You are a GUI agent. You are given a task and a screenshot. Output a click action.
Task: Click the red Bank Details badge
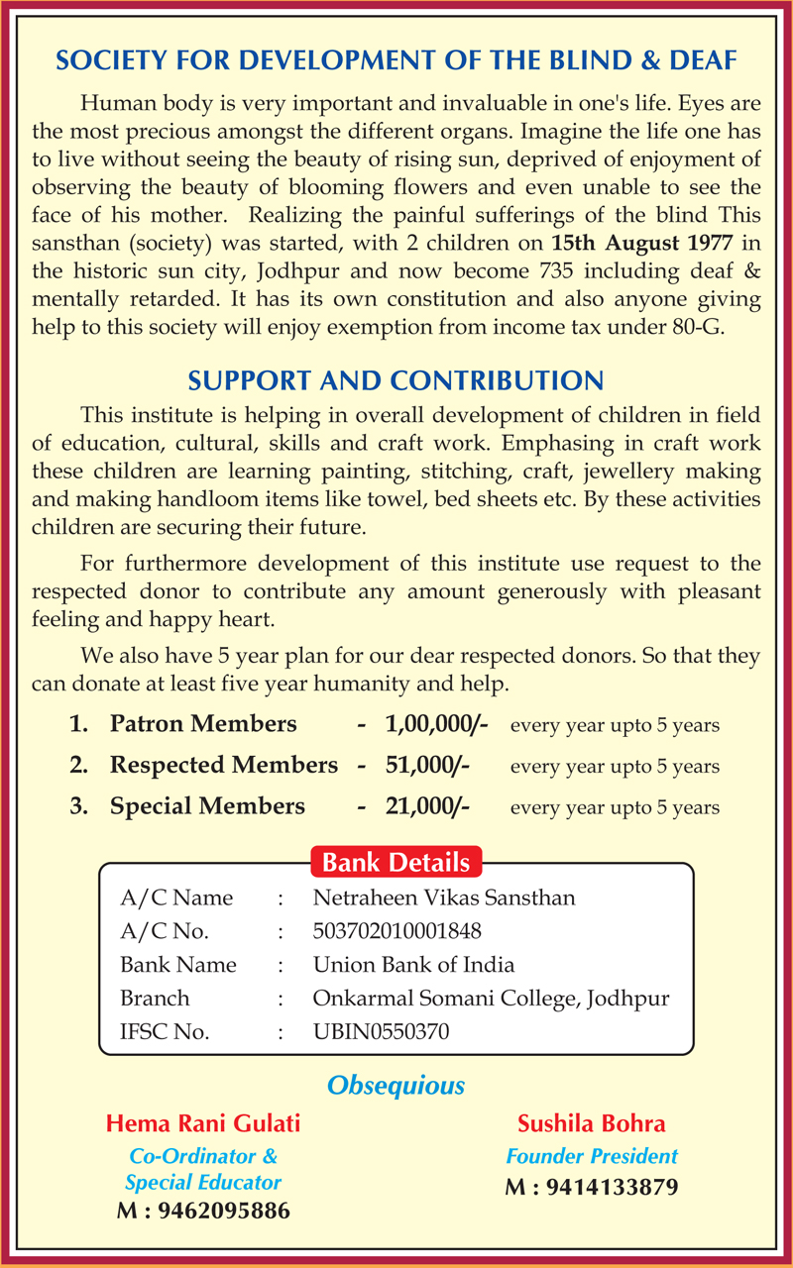396,862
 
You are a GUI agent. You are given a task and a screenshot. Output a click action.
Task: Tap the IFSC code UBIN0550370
381,1032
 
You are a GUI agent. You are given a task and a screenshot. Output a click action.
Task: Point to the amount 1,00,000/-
436,724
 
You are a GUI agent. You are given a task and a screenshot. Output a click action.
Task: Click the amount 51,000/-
427,765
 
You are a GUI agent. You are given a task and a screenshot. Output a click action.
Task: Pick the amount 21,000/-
427,806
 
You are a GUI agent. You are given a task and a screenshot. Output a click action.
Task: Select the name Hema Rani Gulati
202,1123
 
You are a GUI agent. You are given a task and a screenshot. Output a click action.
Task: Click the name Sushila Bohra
592,1123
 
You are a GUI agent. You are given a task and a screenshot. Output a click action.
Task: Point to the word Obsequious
396,1086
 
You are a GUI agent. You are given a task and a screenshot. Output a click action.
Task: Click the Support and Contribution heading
396,381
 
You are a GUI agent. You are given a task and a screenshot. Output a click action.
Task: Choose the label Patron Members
203,724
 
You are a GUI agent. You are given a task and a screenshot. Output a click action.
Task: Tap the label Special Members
207,806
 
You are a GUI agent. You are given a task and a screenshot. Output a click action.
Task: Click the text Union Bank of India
413,965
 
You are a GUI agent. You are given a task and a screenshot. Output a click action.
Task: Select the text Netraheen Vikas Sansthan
443,898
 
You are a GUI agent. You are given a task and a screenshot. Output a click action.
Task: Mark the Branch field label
155,999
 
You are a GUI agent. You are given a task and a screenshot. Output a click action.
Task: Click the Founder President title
592,1156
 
